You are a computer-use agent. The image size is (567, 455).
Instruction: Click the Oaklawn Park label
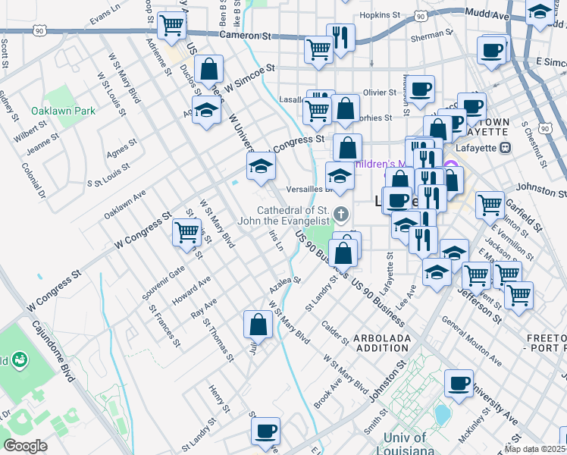pos(63,111)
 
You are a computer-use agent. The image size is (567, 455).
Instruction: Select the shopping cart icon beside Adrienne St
pos(173,25)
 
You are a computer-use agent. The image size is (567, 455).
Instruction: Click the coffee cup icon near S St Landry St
pos(265,431)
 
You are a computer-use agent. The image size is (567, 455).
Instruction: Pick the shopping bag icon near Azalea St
pos(258,324)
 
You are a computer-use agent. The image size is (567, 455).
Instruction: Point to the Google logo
pos(25,446)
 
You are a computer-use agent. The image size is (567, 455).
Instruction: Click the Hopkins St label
pos(380,14)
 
